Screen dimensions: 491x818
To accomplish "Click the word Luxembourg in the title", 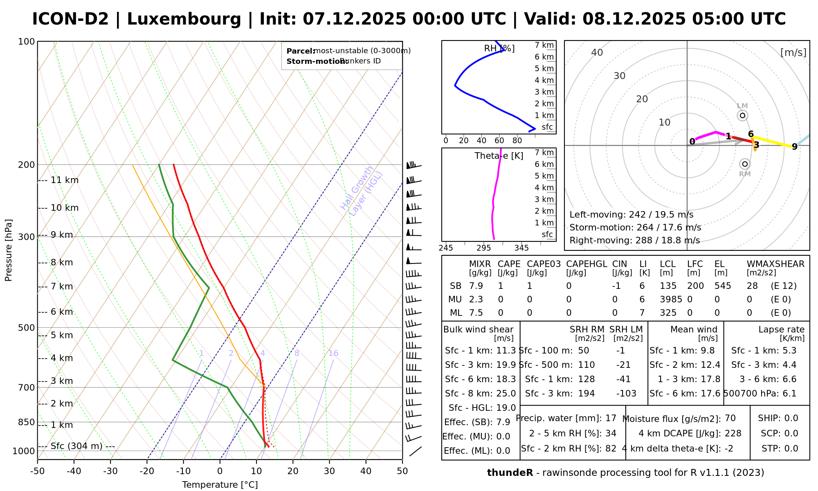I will (x=184, y=19).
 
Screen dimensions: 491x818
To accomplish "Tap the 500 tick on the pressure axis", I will (x=27, y=328).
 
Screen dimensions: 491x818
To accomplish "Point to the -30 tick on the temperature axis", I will (x=110, y=471).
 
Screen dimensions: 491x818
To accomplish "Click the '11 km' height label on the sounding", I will (x=64, y=180).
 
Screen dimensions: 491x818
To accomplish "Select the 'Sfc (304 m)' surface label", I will (x=76, y=446).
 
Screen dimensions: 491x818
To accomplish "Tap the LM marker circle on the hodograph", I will (x=742, y=115).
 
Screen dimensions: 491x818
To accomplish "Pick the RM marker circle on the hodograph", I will (x=745, y=164).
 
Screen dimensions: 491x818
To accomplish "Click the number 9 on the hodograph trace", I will (x=794, y=147).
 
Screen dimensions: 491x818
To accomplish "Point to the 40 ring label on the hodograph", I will (x=597, y=52).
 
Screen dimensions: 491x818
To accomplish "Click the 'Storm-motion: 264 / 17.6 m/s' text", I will (x=635, y=227).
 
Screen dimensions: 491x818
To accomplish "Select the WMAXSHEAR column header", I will (x=775, y=264).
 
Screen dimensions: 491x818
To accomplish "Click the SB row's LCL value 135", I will (x=668, y=286).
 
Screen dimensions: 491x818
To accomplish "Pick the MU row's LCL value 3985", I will (x=671, y=300).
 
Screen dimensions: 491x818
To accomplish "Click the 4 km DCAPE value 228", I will (x=733, y=433).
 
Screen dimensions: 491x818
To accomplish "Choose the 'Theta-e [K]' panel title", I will (x=499, y=156).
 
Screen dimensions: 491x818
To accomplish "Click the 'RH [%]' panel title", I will (x=499, y=49).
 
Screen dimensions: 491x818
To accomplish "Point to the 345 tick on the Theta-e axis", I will (x=521, y=248).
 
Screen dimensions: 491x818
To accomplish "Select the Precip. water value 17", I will (x=611, y=418).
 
